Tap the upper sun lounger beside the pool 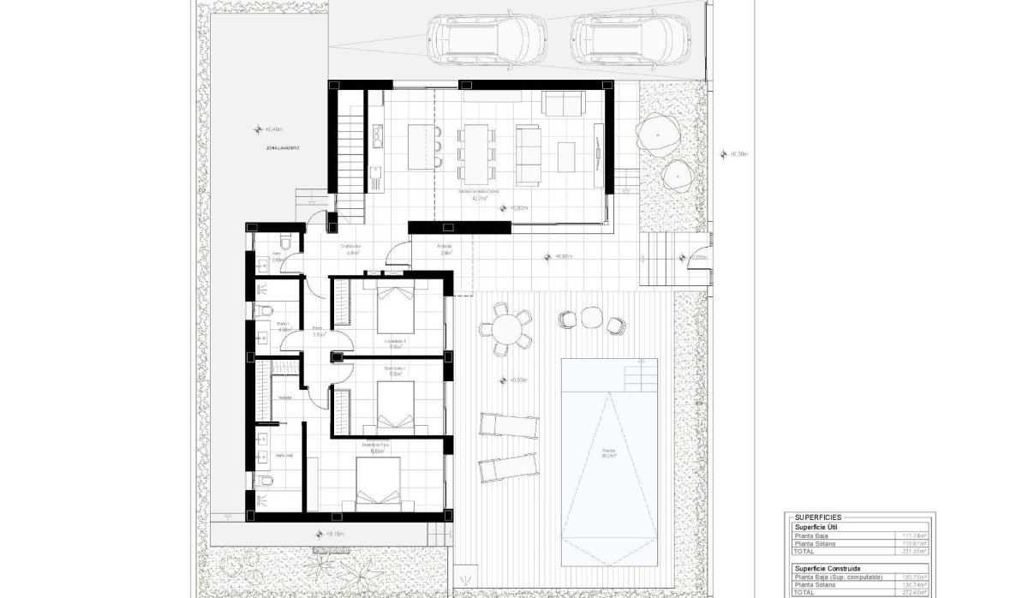[x=509, y=426]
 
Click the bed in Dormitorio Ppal [x=378, y=484]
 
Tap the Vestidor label [x=284, y=398]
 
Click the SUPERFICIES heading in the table [x=818, y=517]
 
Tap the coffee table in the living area [x=566, y=155]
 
